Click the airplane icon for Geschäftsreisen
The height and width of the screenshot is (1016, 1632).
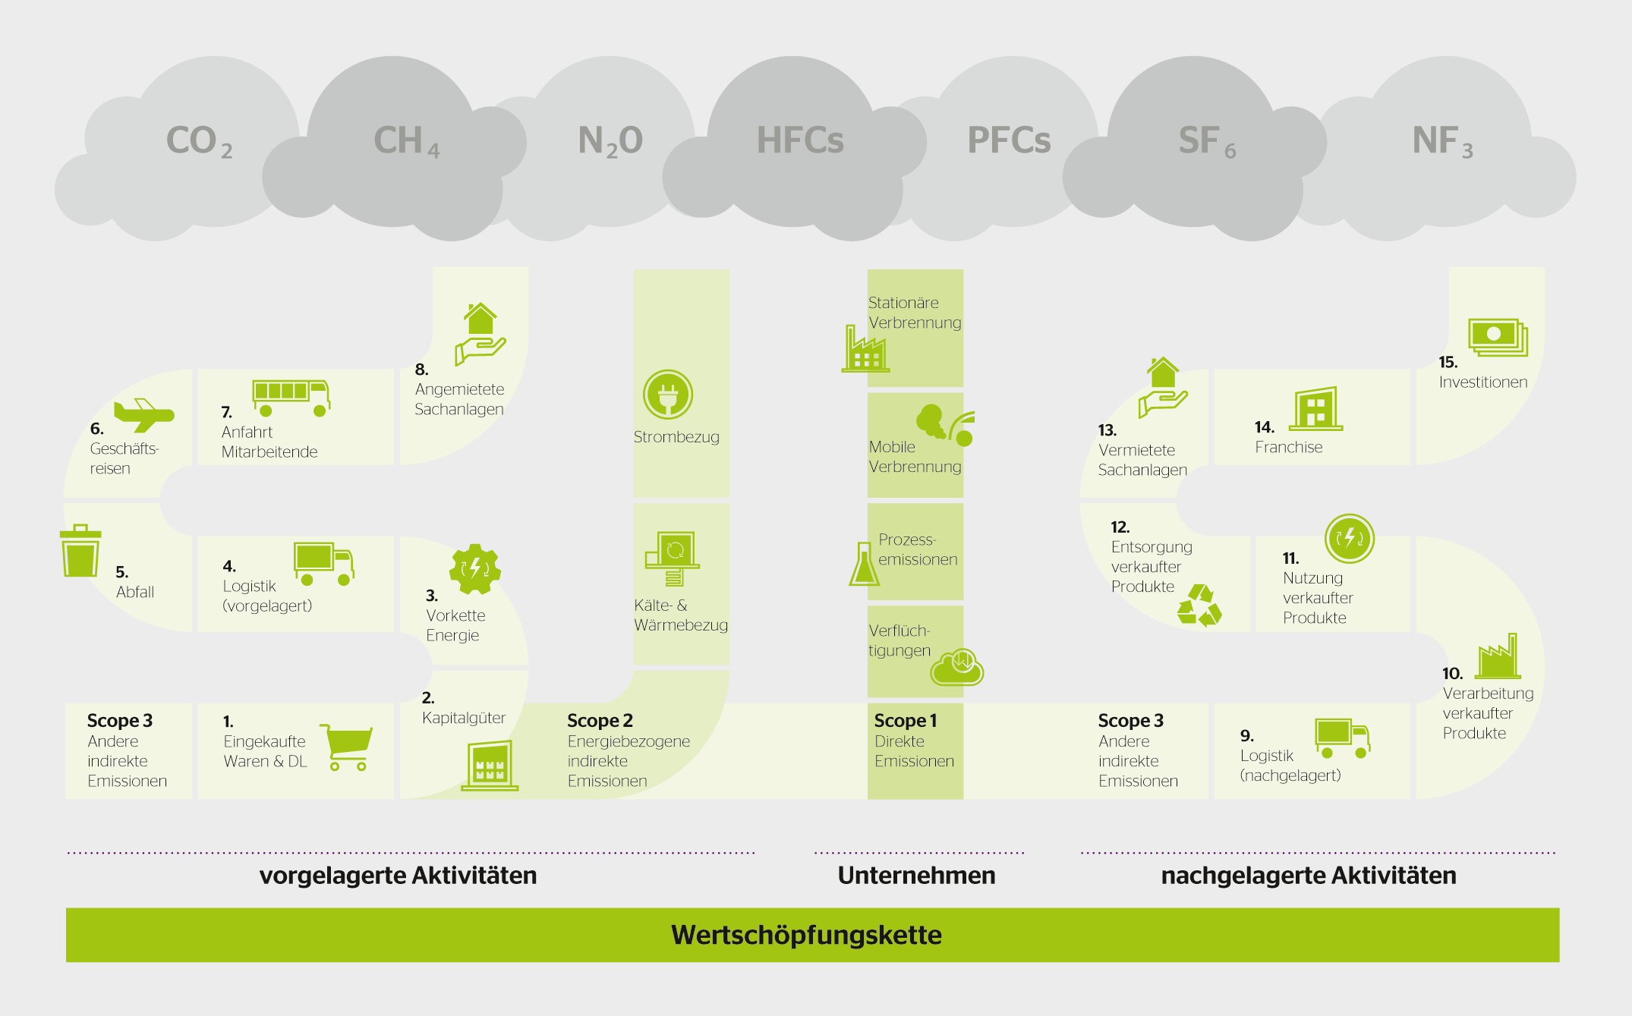(x=143, y=414)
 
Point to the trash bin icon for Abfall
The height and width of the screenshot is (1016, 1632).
(x=80, y=552)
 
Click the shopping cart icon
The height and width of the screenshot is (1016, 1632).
(x=348, y=747)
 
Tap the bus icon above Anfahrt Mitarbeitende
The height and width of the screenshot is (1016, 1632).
(x=291, y=397)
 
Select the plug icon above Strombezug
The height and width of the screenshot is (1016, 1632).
(x=668, y=395)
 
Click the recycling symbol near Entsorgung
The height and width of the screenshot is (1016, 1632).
(x=1199, y=606)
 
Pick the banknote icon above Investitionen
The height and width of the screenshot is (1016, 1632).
(x=1497, y=337)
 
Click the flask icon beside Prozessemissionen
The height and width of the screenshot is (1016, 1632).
(x=864, y=565)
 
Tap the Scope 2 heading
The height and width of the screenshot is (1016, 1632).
(x=600, y=720)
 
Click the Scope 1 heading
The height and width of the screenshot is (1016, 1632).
(x=906, y=720)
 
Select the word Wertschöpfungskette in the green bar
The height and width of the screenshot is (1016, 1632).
(x=806, y=935)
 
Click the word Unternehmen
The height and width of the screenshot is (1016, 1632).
(x=916, y=876)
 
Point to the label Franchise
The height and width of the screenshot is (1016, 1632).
(x=1288, y=447)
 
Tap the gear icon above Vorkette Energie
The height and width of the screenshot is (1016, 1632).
(x=475, y=568)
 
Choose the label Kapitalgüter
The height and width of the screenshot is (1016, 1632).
(x=464, y=718)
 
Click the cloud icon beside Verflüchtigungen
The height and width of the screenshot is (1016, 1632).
(x=957, y=667)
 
